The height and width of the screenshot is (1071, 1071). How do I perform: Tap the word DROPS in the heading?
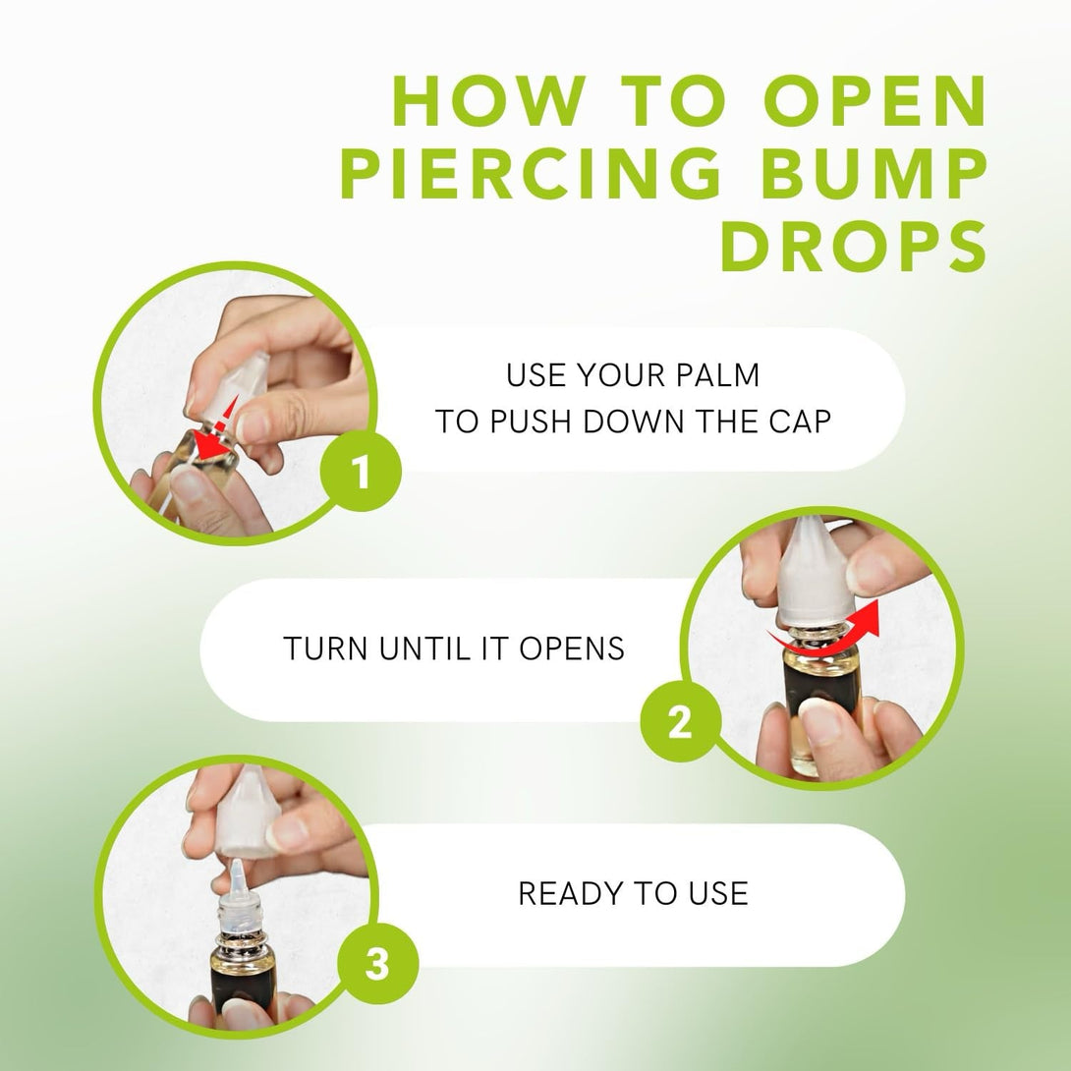point(854,247)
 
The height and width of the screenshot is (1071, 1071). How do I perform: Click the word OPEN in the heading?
point(875,101)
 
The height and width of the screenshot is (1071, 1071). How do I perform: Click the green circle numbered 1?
point(362,472)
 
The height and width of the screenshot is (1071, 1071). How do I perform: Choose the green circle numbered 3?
point(377,965)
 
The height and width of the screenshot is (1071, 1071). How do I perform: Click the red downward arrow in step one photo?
point(216,429)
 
